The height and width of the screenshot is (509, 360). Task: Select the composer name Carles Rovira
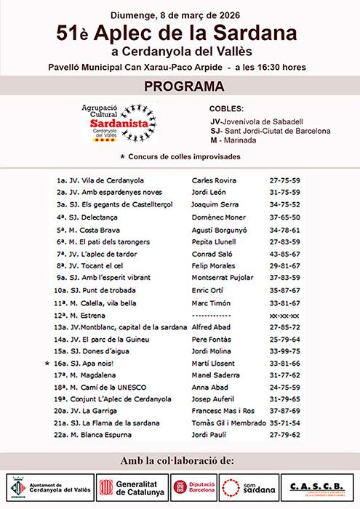click(214, 180)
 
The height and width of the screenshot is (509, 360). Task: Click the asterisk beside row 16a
click(47, 363)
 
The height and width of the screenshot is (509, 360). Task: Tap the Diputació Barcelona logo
click(193, 487)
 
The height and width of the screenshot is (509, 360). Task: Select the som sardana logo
click(248, 487)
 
